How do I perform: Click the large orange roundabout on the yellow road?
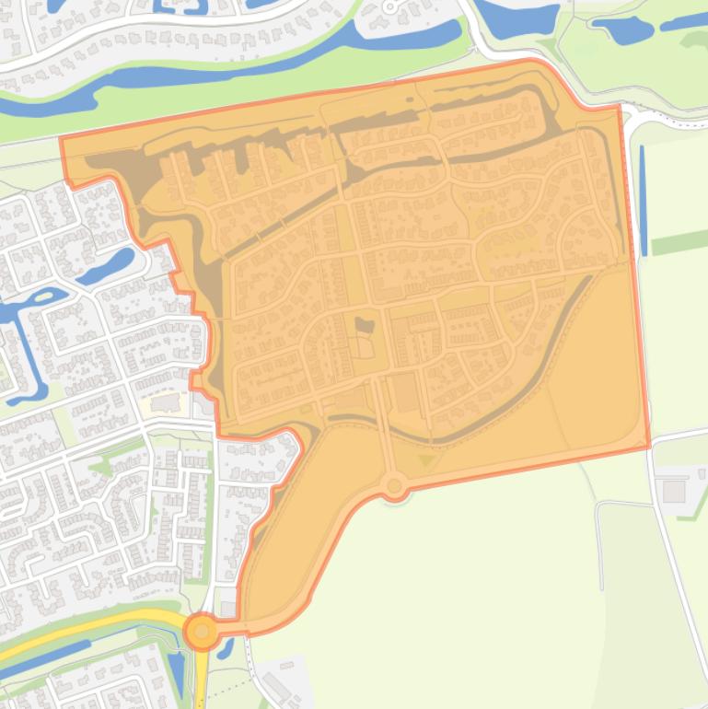coord(202,632)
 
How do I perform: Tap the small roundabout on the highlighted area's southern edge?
coord(395,484)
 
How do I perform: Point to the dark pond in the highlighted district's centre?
coord(366,325)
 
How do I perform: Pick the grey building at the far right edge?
coord(674,491)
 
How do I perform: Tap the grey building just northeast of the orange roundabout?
coord(228,609)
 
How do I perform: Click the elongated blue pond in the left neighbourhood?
coord(107,265)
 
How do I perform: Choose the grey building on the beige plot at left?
coord(167,403)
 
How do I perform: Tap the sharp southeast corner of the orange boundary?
coord(648,447)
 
